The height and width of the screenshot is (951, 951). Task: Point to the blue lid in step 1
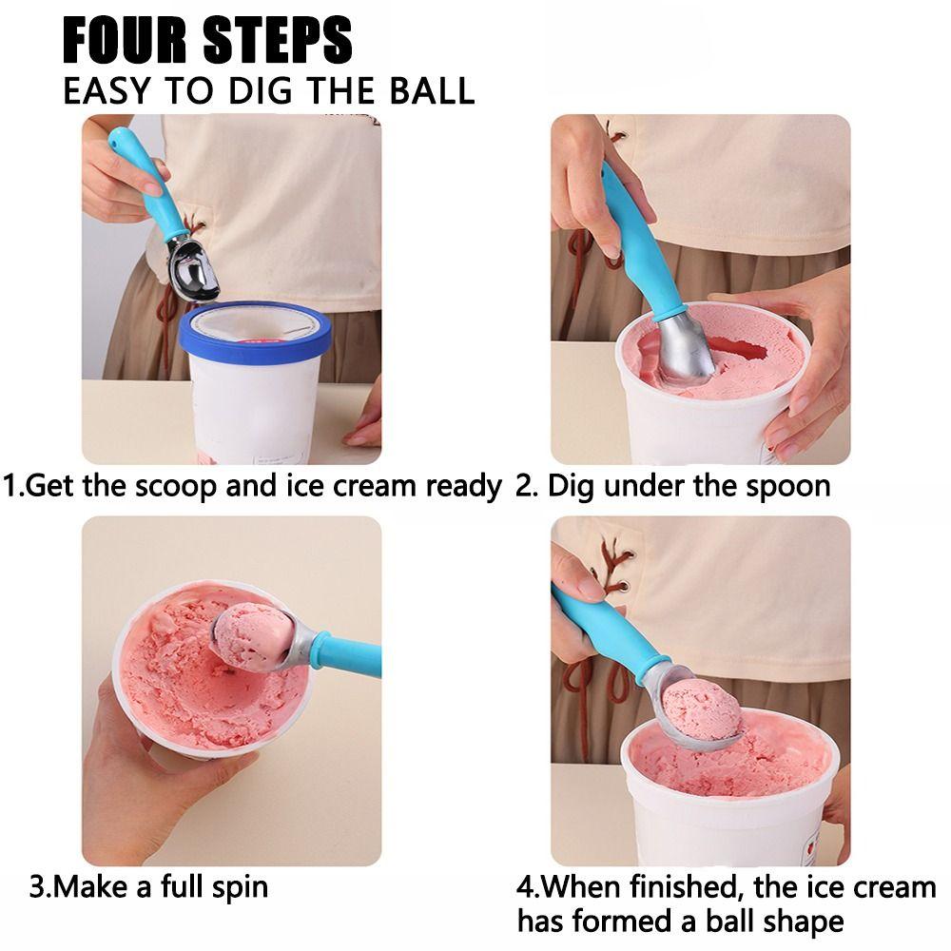coord(255,330)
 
